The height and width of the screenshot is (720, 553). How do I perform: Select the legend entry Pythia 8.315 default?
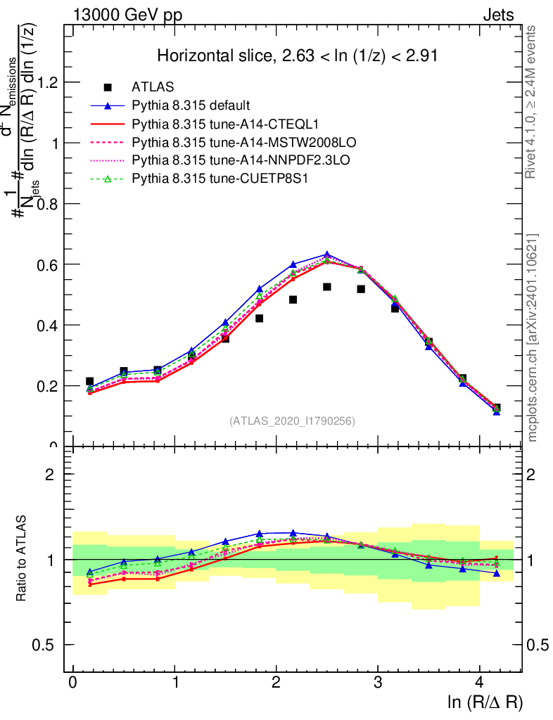click(x=191, y=105)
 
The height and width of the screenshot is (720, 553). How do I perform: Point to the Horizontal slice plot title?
click(x=298, y=56)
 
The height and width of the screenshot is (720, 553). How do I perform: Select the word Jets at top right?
click(x=498, y=15)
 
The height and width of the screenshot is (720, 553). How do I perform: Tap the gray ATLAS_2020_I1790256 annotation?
click(x=292, y=421)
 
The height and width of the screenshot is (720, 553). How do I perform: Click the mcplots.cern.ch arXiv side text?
click(x=534, y=337)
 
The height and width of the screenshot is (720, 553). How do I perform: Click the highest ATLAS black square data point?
click(x=327, y=287)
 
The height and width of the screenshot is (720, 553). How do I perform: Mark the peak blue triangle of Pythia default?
click(x=327, y=255)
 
